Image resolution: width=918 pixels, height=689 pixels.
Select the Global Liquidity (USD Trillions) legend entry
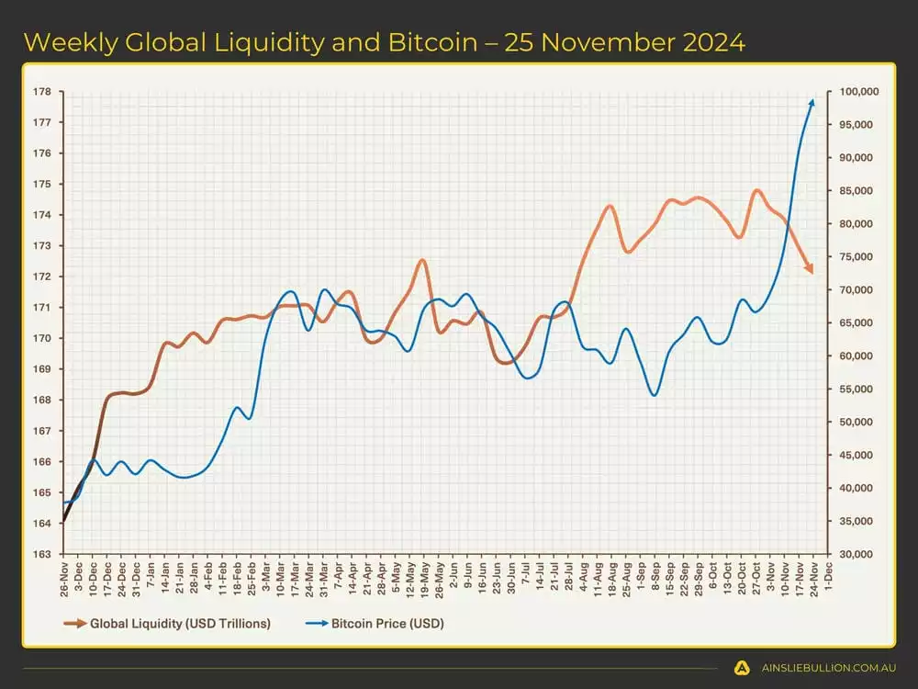pyautogui.click(x=180, y=624)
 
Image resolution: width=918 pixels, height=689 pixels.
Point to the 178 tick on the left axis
pyautogui.click(x=42, y=92)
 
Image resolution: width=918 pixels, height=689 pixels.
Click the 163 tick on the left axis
pyautogui.click(x=42, y=554)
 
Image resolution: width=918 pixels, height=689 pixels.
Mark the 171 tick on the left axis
pyautogui.click(x=42, y=308)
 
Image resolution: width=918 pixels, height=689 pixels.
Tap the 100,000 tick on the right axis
pyautogui.click(x=859, y=92)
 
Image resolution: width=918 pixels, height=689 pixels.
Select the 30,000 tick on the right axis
pyautogui.click(x=856, y=554)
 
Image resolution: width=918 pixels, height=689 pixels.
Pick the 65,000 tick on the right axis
pyautogui.click(x=856, y=323)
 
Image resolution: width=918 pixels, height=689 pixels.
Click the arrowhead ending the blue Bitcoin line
pyautogui.click(x=812, y=101)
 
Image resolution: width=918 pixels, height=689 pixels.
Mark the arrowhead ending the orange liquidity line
pyautogui.click(x=809, y=268)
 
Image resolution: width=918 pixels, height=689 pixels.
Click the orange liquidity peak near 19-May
pyautogui.click(x=421, y=260)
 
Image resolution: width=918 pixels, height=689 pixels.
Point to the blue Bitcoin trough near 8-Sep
pyautogui.click(x=655, y=395)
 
